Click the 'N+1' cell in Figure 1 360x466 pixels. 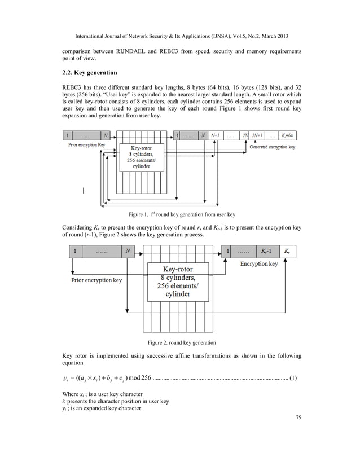(215, 135)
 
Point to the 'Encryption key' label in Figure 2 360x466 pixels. (259, 263)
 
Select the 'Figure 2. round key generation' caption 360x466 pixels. (181, 342)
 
